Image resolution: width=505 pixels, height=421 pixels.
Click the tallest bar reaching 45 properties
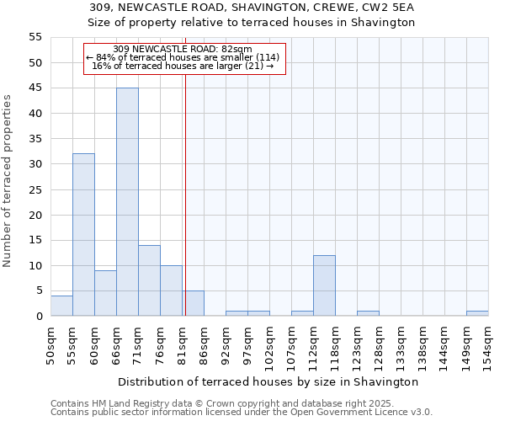click(x=127, y=202)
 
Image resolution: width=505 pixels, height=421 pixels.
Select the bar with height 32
click(x=83, y=235)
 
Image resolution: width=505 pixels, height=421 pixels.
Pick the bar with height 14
click(x=149, y=280)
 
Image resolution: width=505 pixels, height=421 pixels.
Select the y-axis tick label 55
click(x=35, y=37)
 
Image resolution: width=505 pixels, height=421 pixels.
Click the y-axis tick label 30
click(x=35, y=164)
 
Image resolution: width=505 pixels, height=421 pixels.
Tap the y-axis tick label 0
click(x=38, y=316)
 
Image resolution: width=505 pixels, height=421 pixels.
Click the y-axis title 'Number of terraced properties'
click(x=8, y=181)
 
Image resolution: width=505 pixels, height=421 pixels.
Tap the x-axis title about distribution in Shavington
click(x=267, y=381)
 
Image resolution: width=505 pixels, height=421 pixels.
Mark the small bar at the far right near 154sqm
click(x=477, y=313)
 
